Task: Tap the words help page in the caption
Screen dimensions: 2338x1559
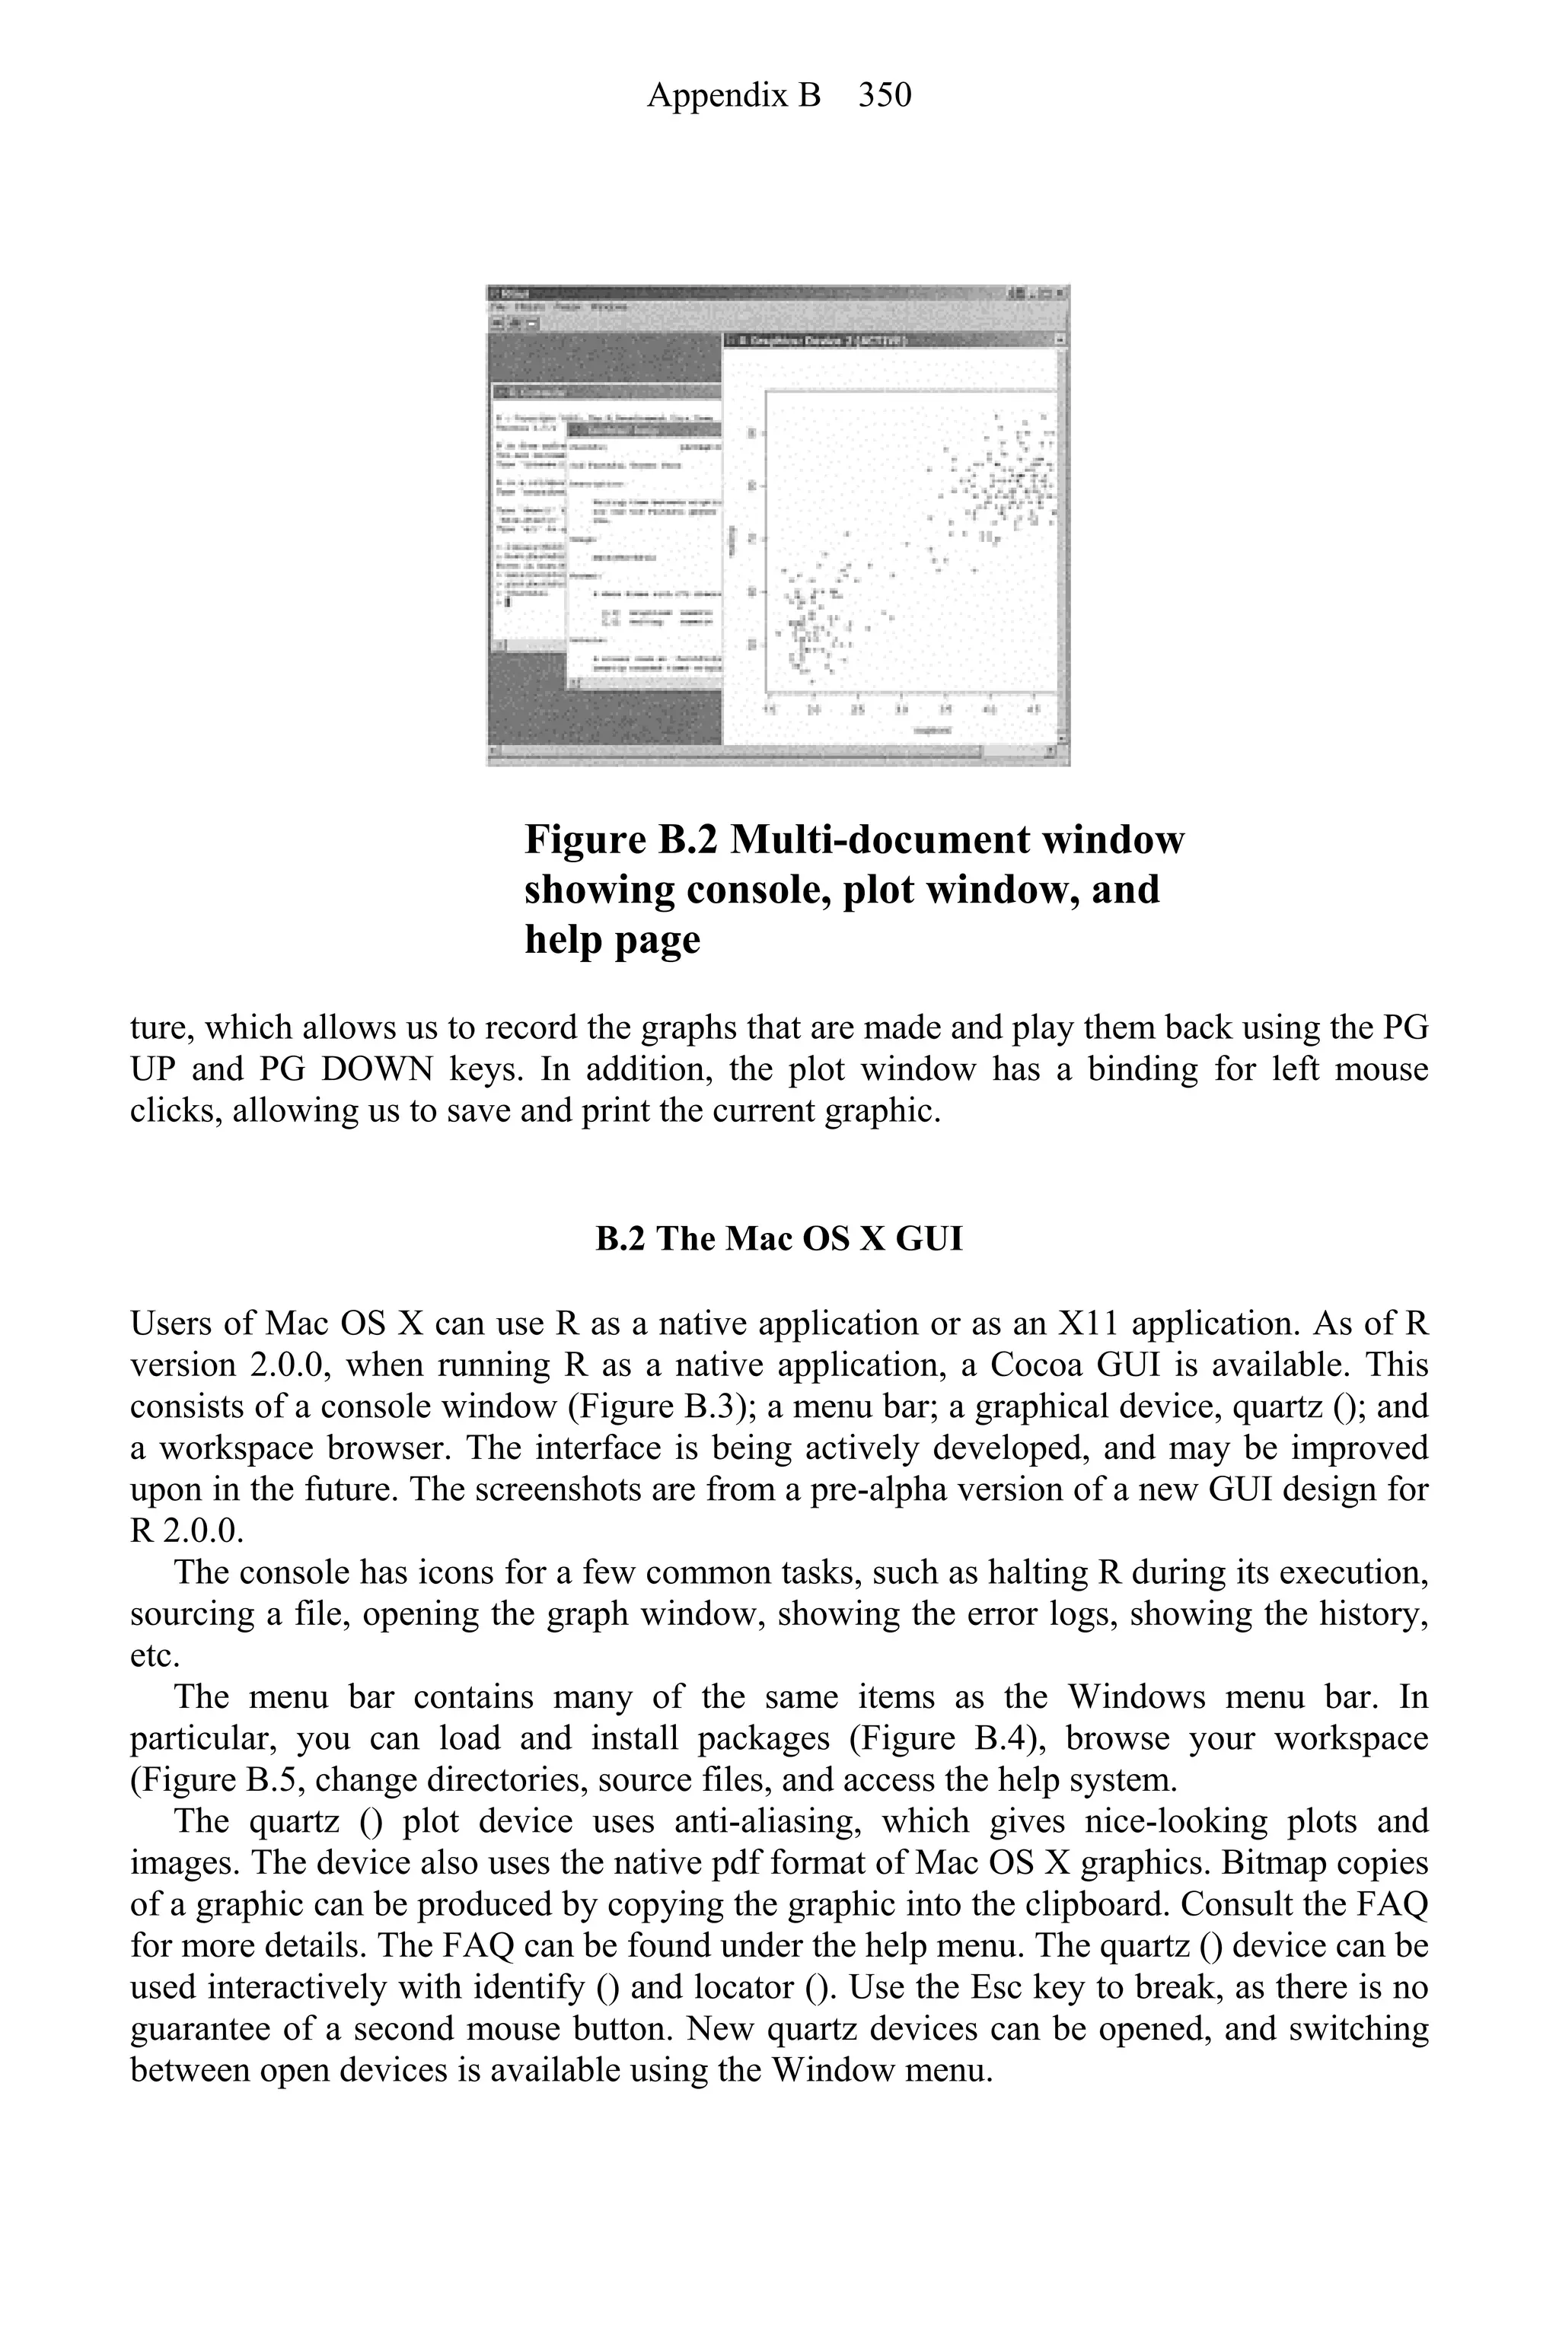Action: click(x=613, y=938)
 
